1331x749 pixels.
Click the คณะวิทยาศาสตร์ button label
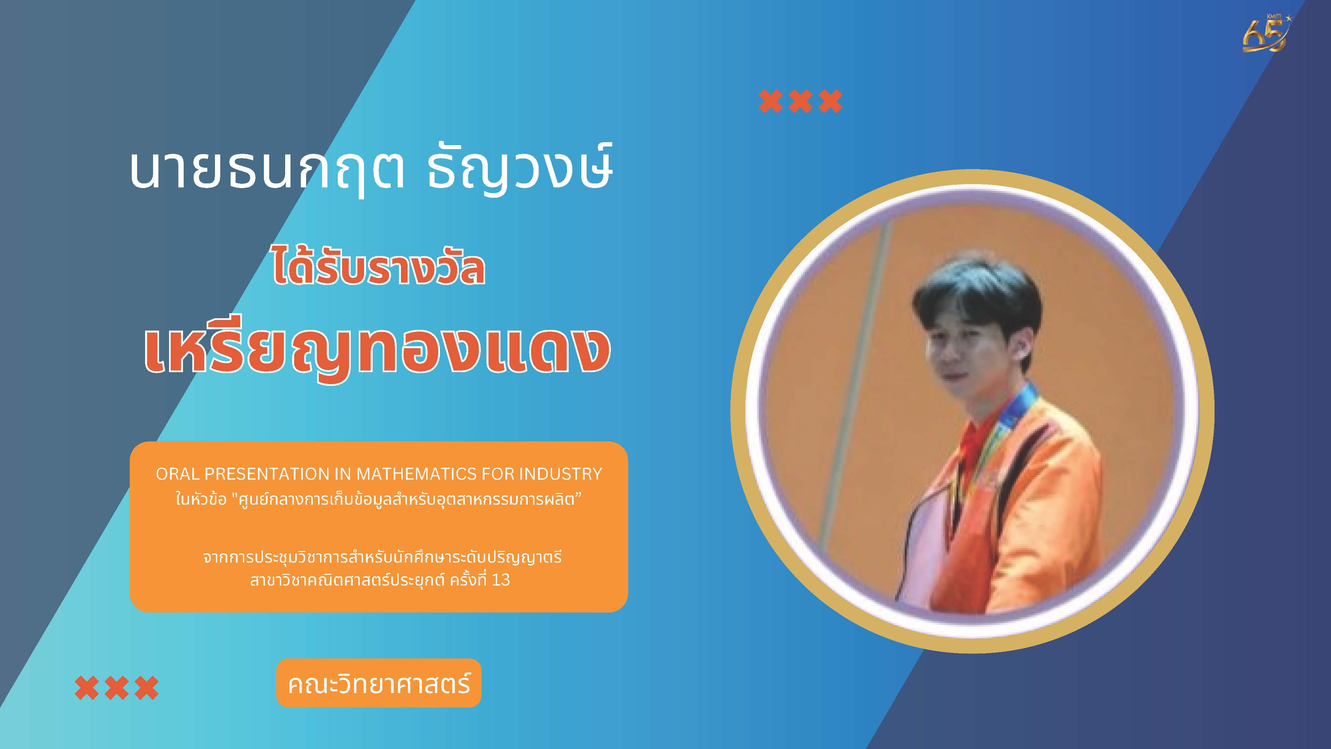379,683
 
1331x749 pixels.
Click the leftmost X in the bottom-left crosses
87,687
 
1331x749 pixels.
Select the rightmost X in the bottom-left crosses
147,687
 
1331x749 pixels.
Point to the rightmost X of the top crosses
830,101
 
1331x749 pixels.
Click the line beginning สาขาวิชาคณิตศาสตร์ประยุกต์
380,580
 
